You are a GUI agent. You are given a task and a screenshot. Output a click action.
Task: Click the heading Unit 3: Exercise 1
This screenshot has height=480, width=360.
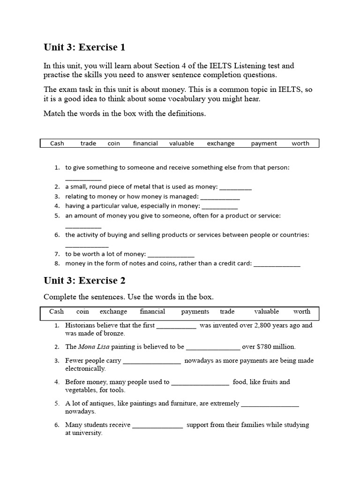tap(84, 47)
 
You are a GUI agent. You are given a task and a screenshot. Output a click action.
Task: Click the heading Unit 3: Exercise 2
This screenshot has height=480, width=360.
tap(84, 280)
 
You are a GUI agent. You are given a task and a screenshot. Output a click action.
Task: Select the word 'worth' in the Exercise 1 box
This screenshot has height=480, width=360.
tap(300, 143)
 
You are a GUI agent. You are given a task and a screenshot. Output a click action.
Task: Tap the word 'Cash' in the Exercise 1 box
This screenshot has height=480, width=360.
tap(57, 143)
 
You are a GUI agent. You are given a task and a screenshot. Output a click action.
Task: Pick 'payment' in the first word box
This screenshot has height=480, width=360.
tap(263, 143)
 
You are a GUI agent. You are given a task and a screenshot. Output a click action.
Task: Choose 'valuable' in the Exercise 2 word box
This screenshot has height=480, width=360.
tap(266, 311)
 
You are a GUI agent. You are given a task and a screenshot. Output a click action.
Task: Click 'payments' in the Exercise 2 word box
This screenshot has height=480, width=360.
tap(195, 311)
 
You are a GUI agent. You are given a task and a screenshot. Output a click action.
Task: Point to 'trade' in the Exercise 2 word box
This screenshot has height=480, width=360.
tap(227, 311)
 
